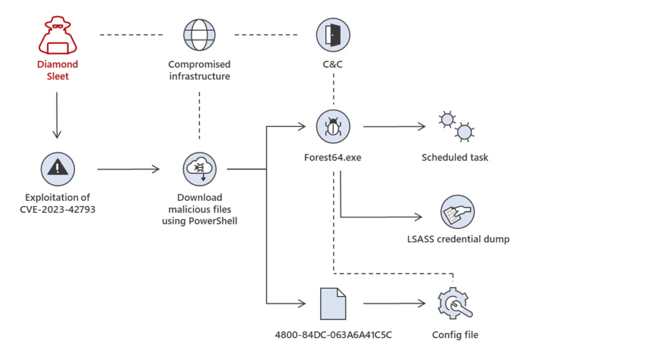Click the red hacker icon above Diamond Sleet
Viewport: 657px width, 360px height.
point(57,35)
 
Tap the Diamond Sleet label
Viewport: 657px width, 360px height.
point(57,70)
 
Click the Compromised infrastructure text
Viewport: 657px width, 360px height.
point(200,70)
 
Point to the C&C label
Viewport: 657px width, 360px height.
point(333,64)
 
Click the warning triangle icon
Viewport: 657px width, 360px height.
point(58,169)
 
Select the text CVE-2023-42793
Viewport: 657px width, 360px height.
point(58,209)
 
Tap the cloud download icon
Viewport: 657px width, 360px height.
point(200,169)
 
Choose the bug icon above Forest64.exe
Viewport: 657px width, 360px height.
point(333,126)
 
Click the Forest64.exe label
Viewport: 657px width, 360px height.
point(333,157)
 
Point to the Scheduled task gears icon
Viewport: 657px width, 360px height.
point(455,126)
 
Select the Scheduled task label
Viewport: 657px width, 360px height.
point(455,157)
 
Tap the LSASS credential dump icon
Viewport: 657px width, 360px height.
point(457,212)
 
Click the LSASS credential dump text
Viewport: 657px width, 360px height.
point(458,239)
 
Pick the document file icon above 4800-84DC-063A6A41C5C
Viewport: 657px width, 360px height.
point(333,303)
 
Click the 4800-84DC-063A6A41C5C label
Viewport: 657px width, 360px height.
point(333,335)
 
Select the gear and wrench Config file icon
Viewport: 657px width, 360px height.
point(455,304)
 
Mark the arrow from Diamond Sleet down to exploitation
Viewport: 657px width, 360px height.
point(57,116)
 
